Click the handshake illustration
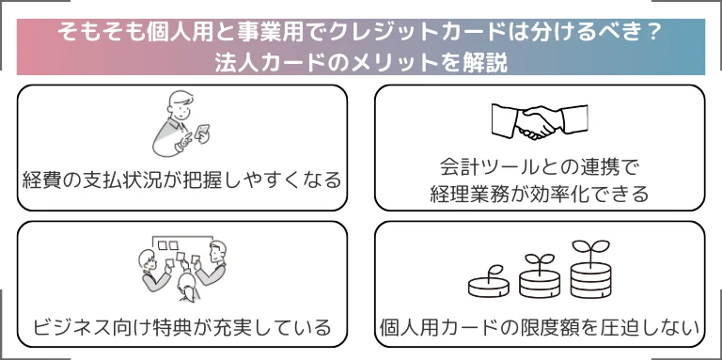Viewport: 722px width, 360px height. (540, 121)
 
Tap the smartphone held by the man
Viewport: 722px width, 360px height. (202, 133)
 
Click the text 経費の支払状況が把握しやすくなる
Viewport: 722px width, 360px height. (181, 180)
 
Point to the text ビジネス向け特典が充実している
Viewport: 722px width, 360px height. (181, 327)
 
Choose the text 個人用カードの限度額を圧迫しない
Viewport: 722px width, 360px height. (540, 327)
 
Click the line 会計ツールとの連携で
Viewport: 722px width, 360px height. (540, 167)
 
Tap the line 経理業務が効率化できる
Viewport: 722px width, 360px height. (540, 194)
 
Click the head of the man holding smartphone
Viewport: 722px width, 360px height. (180, 105)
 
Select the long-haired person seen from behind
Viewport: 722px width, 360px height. (188, 287)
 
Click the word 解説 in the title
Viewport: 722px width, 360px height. (487, 64)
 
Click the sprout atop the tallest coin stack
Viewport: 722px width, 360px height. (590, 248)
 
